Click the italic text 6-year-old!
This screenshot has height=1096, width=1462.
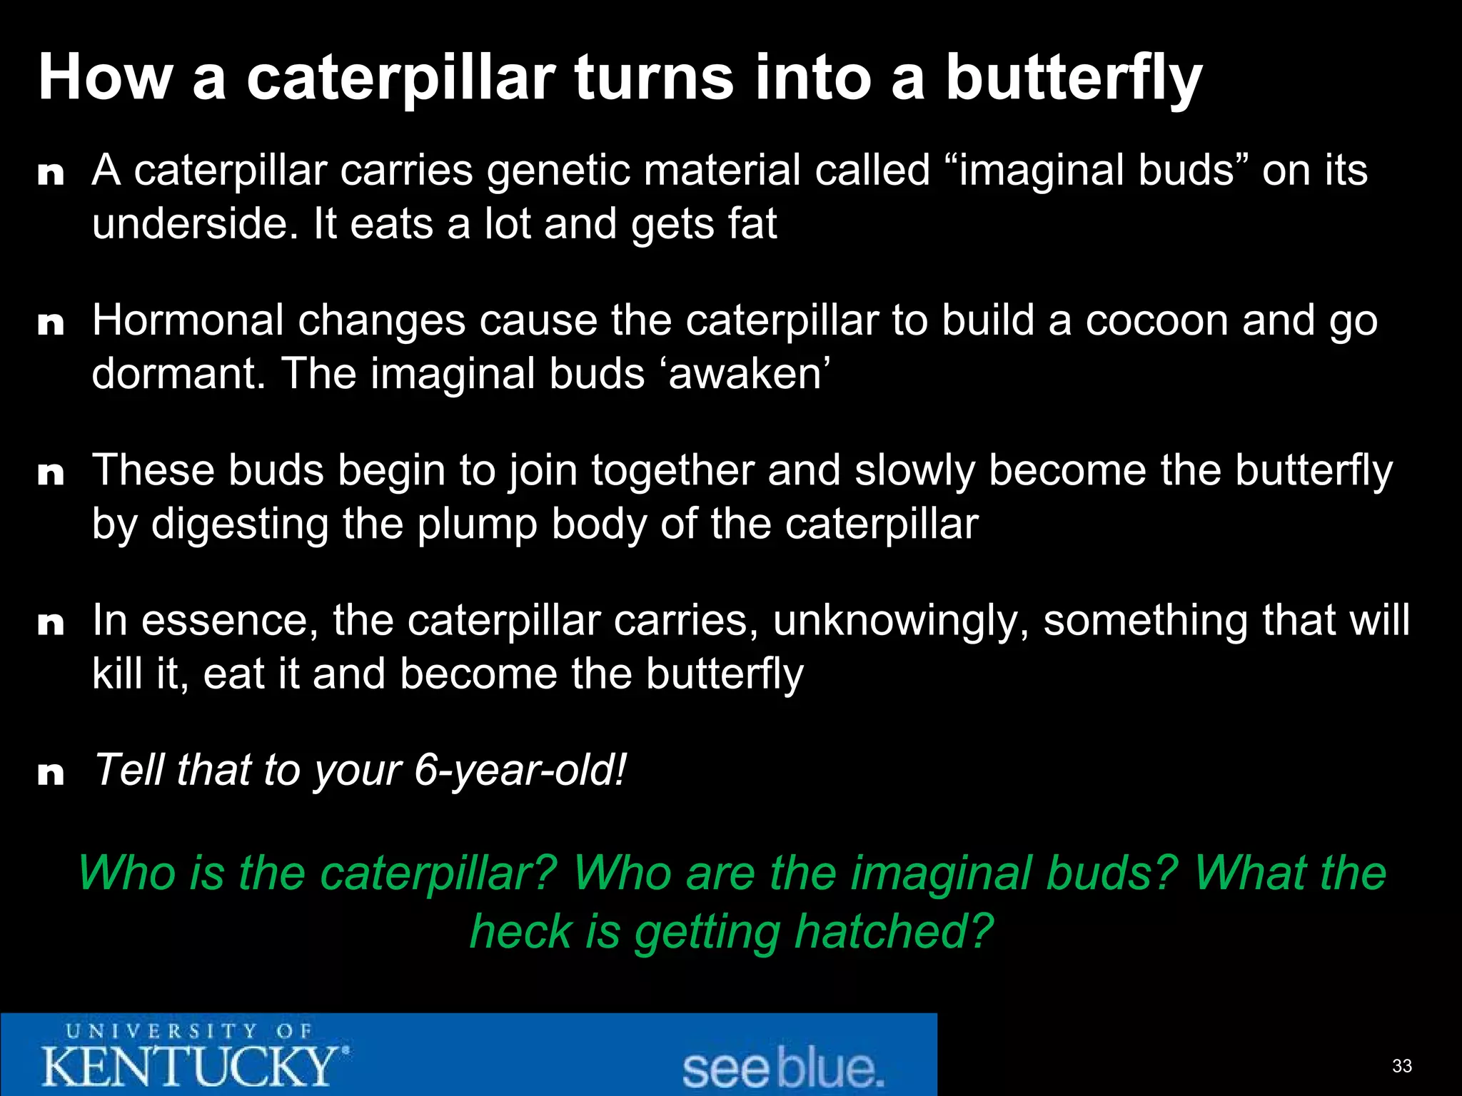pyautogui.click(x=520, y=771)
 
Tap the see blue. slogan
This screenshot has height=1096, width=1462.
pyautogui.click(x=782, y=1068)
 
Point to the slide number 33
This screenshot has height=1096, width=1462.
pyautogui.click(x=1401, y=1066)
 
